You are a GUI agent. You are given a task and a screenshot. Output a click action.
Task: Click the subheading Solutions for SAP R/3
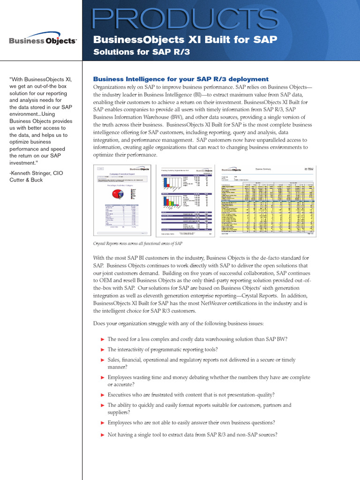tap(142, 52)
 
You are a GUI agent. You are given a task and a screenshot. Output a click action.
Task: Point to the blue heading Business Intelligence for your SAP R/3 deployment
tap(181, 79)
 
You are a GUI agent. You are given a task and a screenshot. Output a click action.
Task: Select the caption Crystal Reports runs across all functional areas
tap(138, 244)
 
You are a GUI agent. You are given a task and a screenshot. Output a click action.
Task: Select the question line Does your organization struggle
tap(179, 324)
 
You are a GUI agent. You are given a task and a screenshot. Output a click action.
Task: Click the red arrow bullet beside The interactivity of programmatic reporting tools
tap(103, 350)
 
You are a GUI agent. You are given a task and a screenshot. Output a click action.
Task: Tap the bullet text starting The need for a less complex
tap(197, 339)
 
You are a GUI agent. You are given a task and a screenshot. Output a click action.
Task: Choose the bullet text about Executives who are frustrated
tap(191, 395)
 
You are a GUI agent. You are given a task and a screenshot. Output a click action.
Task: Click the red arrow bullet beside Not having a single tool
tap(103, 435)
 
